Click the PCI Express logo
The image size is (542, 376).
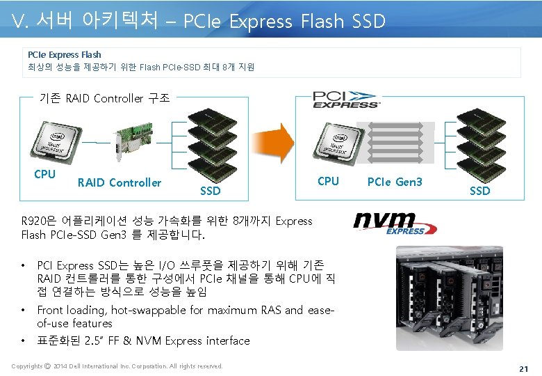coord(346,99)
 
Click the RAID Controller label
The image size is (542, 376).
coord(120,182)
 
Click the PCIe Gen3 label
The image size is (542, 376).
coord(394,182)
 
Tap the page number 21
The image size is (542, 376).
coord(524,367)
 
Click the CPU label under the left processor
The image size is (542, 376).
coord(44,174)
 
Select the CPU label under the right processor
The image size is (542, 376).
coord(328,181)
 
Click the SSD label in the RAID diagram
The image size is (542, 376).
coord(210,190)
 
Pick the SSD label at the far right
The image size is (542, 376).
coord(479,190)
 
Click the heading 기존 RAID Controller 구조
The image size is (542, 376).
coord(104,98)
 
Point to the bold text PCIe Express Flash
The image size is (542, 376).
coord(64,54)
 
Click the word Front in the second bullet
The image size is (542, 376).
coord(51,311)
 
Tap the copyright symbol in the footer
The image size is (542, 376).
coord(47,366)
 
